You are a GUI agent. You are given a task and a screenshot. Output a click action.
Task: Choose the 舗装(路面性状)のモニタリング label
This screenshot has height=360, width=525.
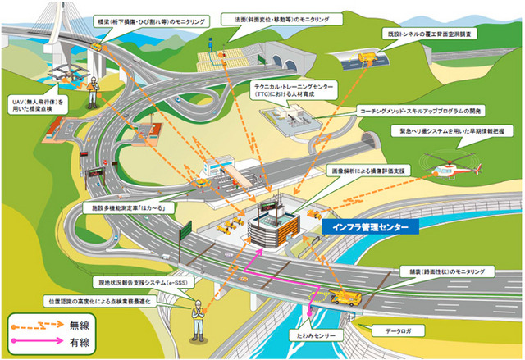[441, 270]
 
